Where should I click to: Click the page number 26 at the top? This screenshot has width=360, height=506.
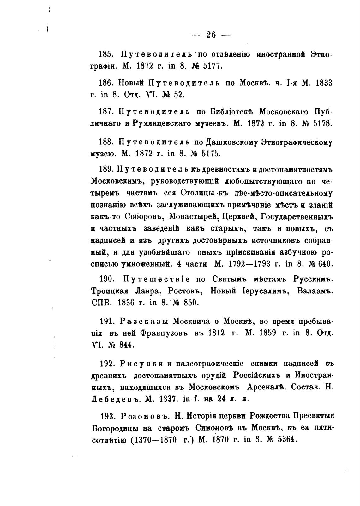(211, 34)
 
